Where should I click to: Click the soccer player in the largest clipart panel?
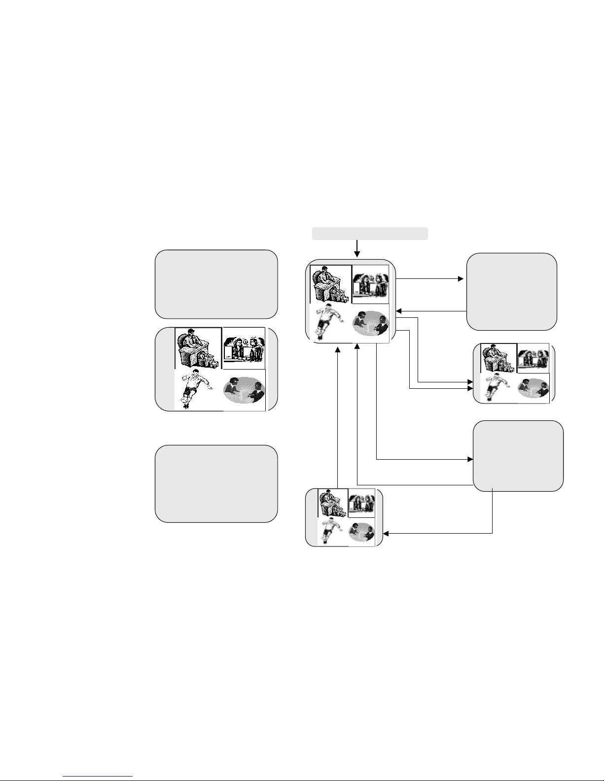tap(195, 389)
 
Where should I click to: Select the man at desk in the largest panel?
tap(197, 348)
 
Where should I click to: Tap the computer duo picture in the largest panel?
tap(244, 348)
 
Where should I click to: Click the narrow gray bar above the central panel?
tap(370, 234)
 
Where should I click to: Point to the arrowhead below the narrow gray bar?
tap(357, 254)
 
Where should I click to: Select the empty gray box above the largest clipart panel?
tap(216, 284)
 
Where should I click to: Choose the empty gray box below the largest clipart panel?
tap(216, 483)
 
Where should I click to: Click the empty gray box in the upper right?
tap(512, 291)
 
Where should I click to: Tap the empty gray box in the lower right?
tap(518, 456)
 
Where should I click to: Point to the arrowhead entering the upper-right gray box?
tap(461, 279)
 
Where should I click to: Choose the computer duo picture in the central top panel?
tap(371, 285)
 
